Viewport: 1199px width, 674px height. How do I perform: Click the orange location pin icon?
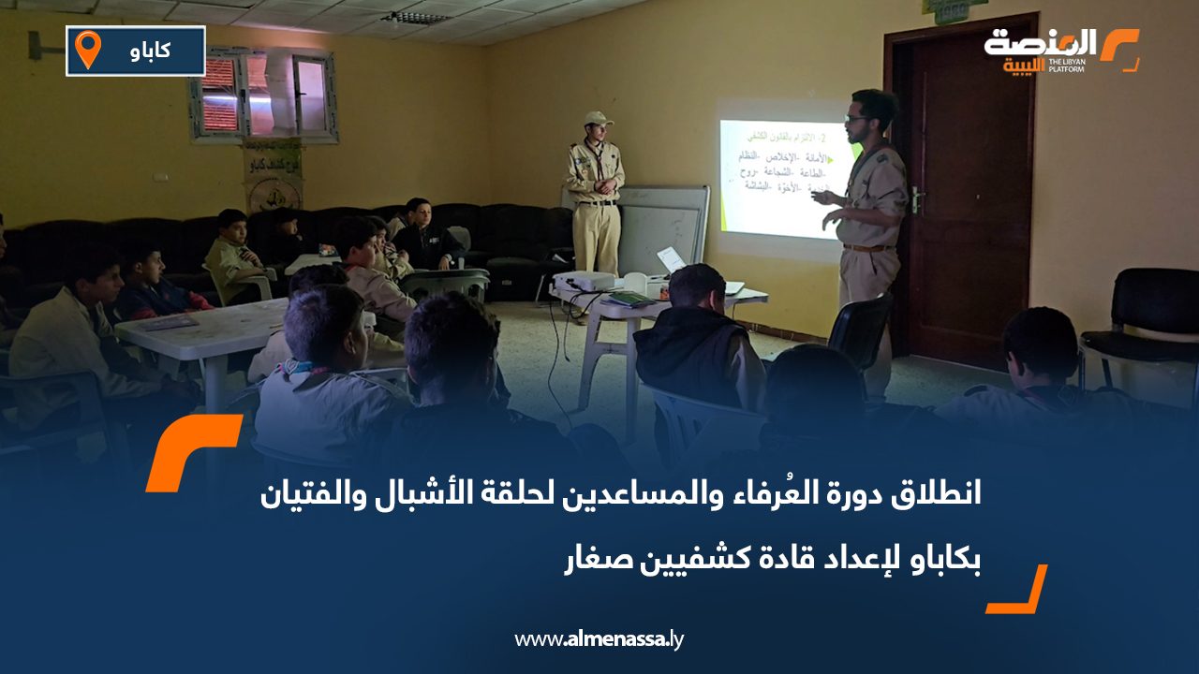[x=87, y=49]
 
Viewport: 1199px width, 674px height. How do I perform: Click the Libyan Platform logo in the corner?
[x=1060, y=50]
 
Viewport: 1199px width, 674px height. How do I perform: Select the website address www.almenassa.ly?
[x=599, y=639]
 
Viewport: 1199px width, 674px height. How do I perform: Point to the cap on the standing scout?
[x=597, y=118]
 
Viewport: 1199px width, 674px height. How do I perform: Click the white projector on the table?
[x=584, y=281]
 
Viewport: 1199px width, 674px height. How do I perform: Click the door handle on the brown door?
[x=915, y=199]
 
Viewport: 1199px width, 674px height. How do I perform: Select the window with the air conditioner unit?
[x=263, y=94]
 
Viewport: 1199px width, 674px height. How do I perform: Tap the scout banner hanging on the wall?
[x=273, y=175]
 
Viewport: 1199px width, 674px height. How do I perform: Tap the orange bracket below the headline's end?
[x=1017, y=591]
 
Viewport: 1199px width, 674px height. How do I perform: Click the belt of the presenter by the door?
[x=866, y=248]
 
